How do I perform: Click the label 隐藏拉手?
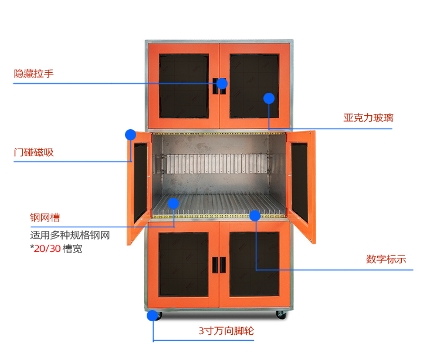pos(34,74)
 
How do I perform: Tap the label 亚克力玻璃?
pos(368,118)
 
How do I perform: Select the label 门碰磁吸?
pos(34,153)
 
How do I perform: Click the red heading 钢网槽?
pos(45,218)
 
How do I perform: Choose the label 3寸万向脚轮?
pos(226,331)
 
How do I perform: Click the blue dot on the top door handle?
pos(222,83)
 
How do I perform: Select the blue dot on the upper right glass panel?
pos(269,98)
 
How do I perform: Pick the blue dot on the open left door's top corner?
pos(130,134)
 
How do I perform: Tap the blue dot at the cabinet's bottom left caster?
pos(153,315)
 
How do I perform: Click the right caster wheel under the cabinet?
pos(282,315)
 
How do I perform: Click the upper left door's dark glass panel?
pos(184,86)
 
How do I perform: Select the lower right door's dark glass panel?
pos(254,264)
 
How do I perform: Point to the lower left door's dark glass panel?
pos(184,264)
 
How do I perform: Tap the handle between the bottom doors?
pos(219,265)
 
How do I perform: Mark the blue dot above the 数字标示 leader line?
pos(255,216)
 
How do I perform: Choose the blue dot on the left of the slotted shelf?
pos(173,203)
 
